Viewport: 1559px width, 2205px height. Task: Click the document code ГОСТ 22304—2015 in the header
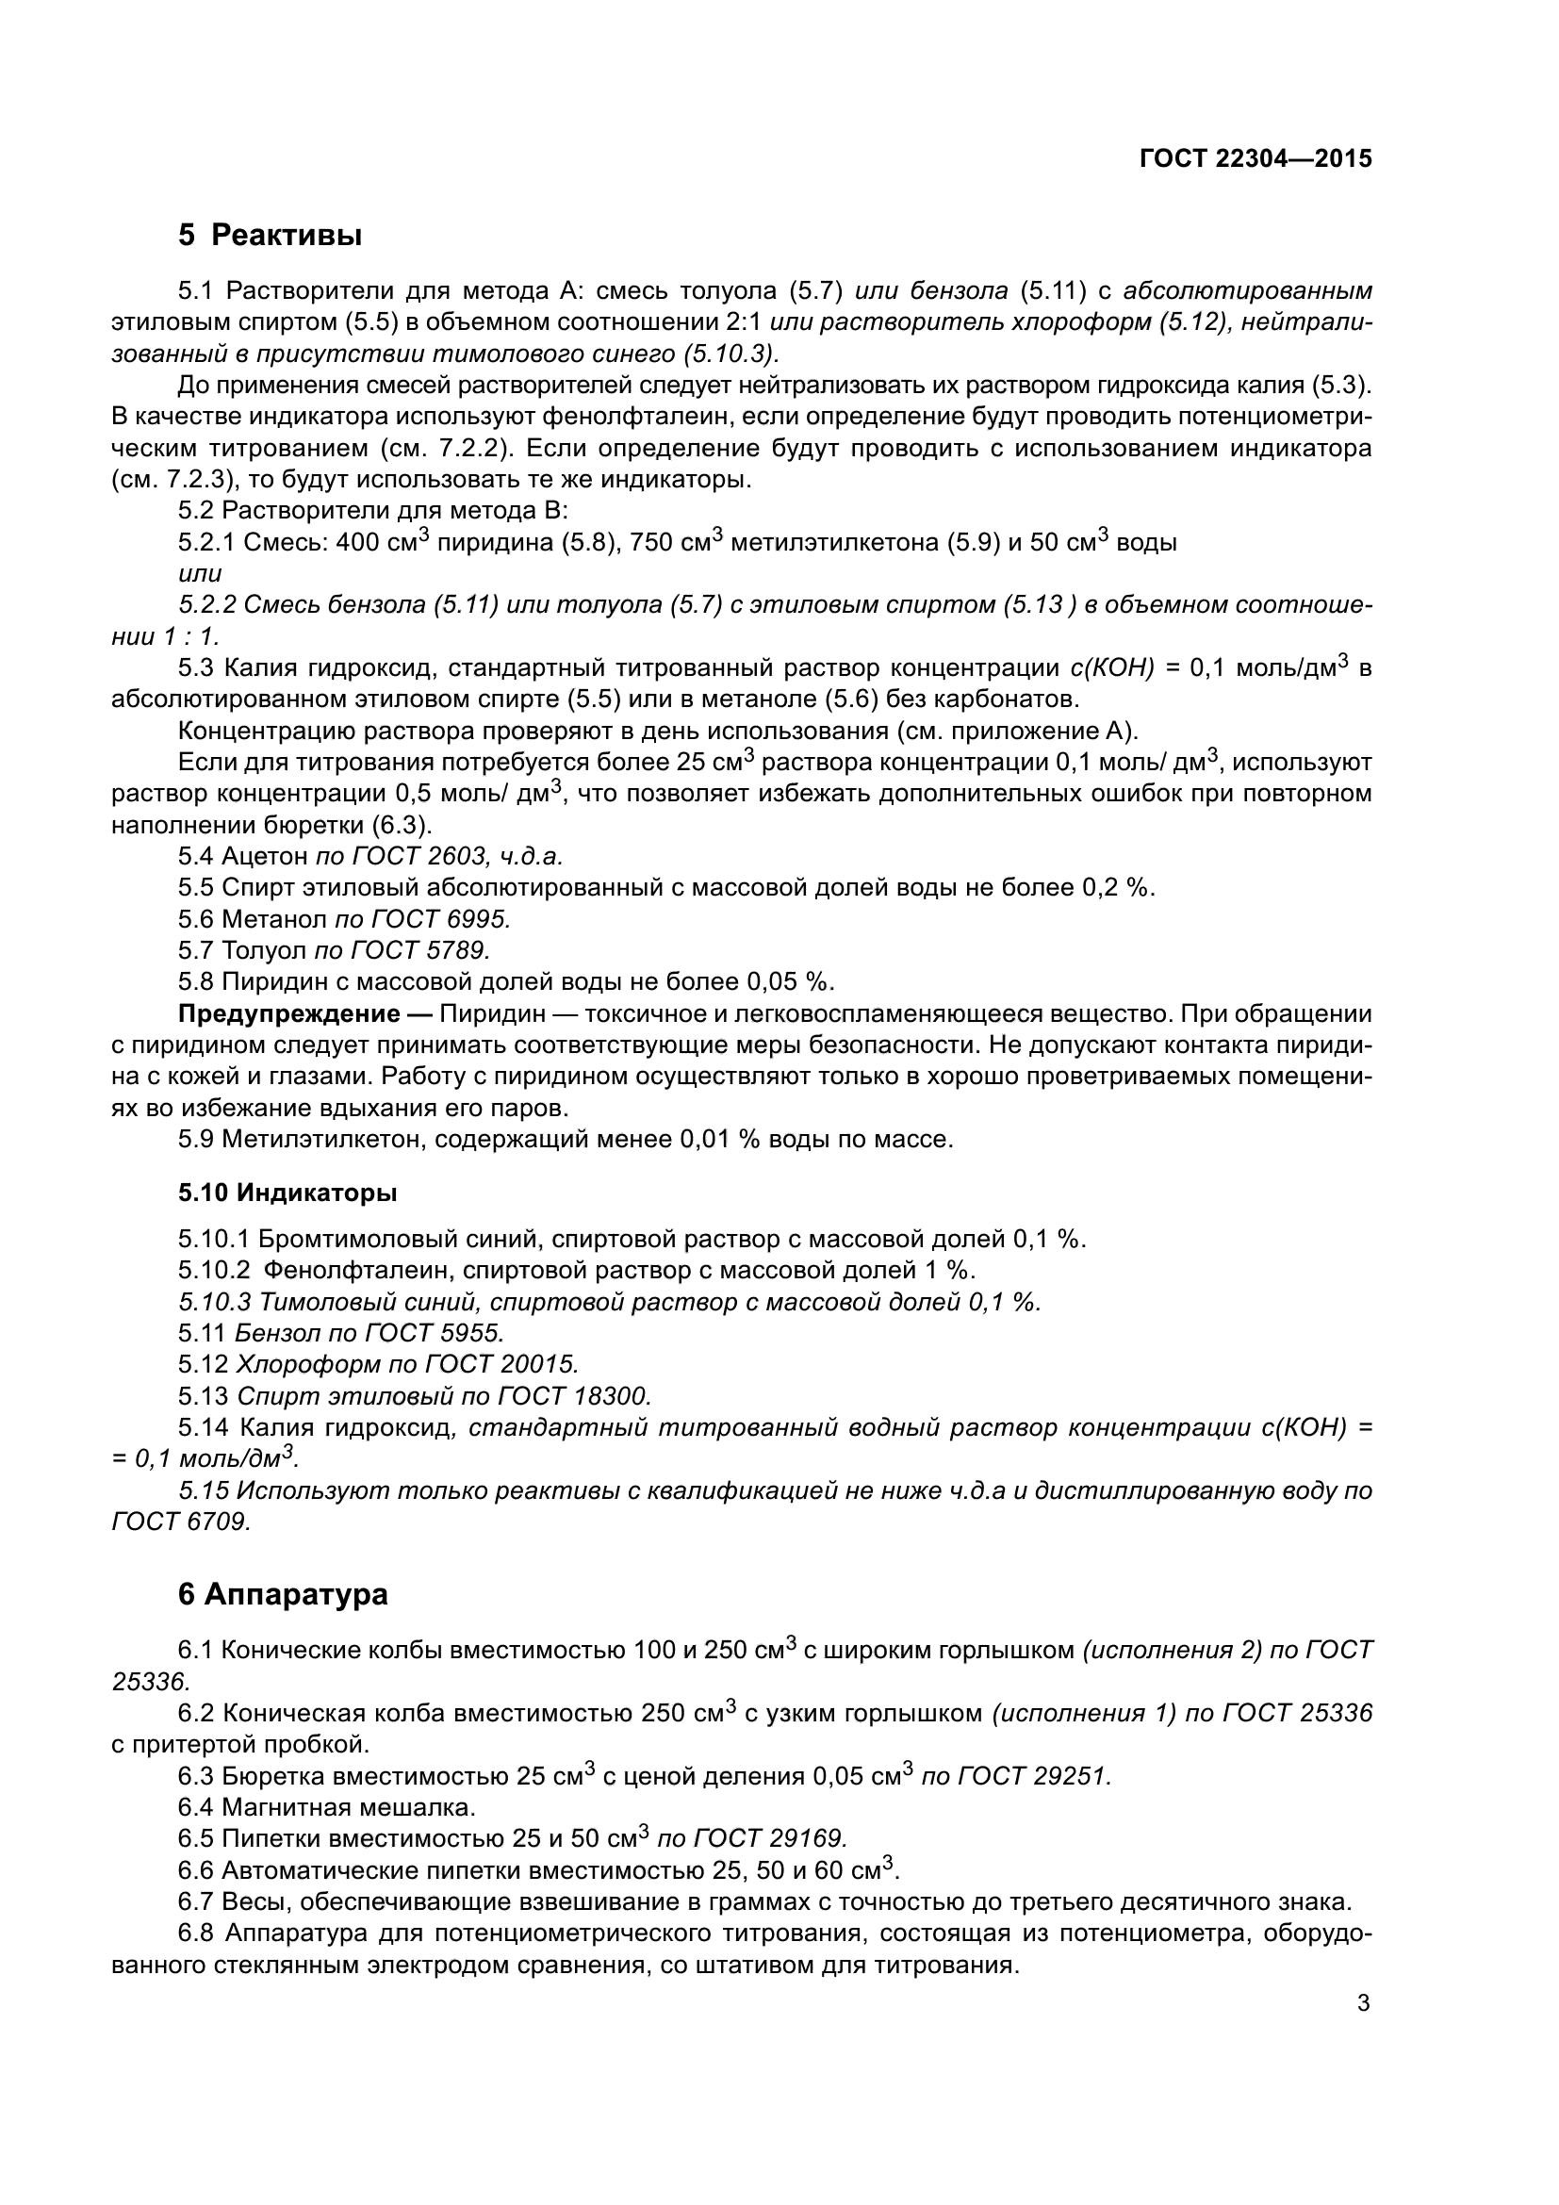click(1255, 159)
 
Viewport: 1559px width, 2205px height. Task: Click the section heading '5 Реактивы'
click(270, 235)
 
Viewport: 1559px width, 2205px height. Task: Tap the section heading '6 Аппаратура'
click(283, 1594)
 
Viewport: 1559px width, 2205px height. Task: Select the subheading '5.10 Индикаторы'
click(287, 1193)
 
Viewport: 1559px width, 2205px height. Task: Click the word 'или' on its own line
click(200, 574)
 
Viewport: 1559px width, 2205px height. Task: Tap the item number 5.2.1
click(206, 544)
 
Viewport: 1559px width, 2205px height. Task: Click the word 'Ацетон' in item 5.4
click(264, 856)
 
